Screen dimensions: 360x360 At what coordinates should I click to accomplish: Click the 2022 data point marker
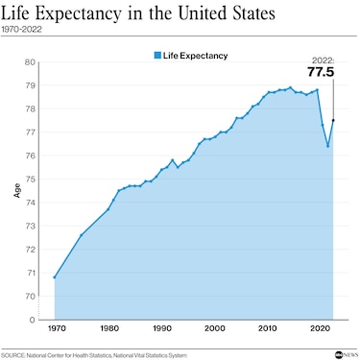click(333, 120)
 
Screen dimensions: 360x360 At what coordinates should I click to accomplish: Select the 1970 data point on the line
click(55, 277)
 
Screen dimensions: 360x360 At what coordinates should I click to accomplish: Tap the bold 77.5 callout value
click(321, 72)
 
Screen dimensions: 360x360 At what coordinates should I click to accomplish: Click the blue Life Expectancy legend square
click(157, 56)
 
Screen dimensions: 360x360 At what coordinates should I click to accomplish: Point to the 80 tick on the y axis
click(30, 62)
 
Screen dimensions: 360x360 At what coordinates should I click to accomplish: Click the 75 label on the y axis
click(30, 180)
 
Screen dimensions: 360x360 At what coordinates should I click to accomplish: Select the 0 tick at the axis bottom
click(32, 320)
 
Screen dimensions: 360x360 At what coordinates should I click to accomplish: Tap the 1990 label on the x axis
click(162, 328)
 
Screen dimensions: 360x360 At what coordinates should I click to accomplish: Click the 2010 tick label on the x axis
click(268, 328)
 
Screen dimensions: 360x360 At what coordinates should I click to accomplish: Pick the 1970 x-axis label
click(57, 328)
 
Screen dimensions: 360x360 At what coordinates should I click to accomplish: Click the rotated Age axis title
click(17, 190)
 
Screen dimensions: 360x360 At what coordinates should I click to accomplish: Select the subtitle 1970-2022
click(21, 30)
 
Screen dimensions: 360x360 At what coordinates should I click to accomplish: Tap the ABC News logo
click(347, 354)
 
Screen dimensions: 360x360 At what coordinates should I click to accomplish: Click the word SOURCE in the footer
click(13, 355)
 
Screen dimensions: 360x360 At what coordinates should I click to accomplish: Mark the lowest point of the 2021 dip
click(327, 146)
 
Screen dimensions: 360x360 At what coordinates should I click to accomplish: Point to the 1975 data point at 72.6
click(81, 235)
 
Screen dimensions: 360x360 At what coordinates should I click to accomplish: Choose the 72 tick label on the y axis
click(30, 250)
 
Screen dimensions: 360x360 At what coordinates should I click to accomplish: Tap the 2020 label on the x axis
click(321, 328)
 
